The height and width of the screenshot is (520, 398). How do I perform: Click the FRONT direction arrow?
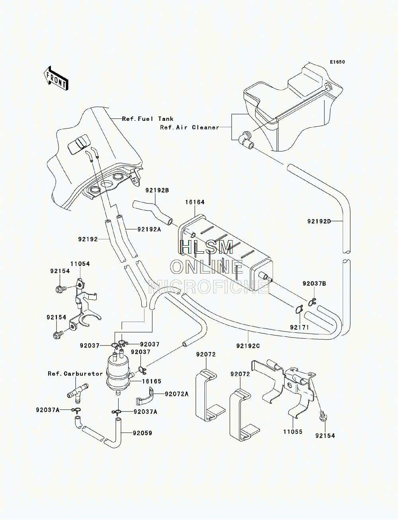[x=56, y=78]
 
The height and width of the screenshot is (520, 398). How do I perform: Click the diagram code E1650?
[x=337, y=62]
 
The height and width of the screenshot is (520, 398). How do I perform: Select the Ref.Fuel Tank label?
[x=148, y=119]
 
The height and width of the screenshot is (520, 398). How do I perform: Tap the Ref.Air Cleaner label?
[x=189, y=127]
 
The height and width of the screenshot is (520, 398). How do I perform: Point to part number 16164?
[x=195, y=202]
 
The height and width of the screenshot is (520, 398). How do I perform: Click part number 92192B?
[x=157, y=190]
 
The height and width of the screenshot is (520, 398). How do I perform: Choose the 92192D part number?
[x=319, y=221]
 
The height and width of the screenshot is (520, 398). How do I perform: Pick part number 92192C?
[x=248, y=346]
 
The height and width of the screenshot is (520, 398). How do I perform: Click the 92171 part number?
[x=299, y=327]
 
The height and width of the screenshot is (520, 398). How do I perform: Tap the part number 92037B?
[x=314, y=283]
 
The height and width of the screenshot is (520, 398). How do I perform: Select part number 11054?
[x=80, y=264]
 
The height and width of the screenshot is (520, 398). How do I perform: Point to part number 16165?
[x=152, y=381]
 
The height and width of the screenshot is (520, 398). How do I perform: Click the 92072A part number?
[x=176, y=394]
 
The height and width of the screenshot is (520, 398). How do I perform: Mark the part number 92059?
[x=142, y=433]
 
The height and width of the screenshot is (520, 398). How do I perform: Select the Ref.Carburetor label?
[x=76, y=374]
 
